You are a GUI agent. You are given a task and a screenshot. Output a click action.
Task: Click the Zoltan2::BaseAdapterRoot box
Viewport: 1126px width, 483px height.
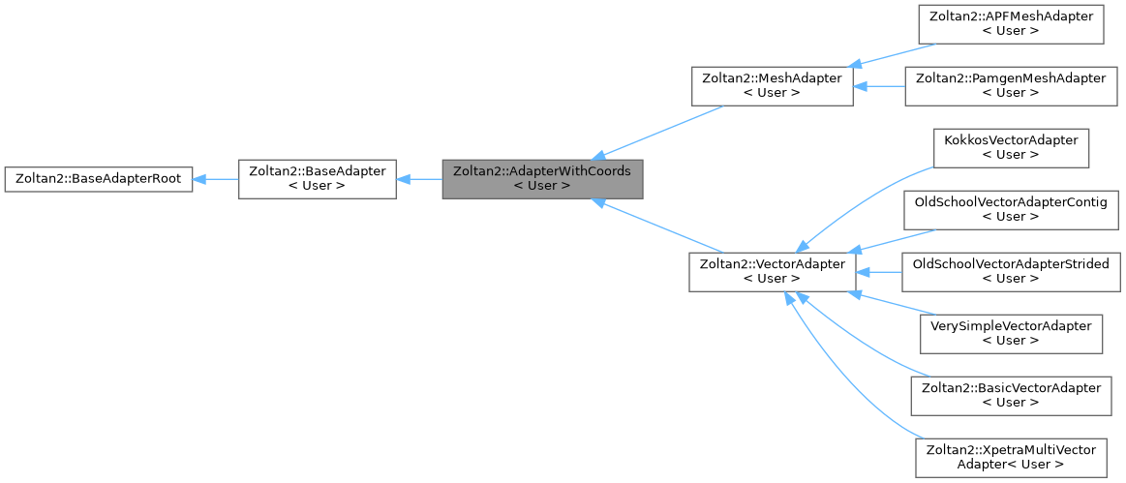98,179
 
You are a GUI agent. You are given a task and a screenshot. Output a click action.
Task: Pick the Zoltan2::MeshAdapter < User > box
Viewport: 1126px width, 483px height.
772,85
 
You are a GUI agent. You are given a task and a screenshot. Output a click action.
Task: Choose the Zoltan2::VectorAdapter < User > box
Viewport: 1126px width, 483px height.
772,271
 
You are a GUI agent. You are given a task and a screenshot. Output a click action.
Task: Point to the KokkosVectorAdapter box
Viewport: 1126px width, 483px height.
1011,147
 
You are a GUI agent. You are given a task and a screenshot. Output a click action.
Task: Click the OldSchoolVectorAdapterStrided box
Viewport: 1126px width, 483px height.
1011,271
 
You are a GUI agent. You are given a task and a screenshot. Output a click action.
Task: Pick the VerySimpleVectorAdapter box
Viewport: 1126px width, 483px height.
1011,333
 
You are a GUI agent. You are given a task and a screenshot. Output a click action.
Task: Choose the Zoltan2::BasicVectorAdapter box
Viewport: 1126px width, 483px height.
1011,395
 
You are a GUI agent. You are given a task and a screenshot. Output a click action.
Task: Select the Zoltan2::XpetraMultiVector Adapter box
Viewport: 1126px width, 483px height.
1011,457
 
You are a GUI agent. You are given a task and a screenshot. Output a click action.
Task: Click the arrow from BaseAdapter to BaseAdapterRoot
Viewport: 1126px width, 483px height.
216,179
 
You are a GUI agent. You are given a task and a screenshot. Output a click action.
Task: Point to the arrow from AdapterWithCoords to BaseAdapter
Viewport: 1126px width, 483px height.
419,179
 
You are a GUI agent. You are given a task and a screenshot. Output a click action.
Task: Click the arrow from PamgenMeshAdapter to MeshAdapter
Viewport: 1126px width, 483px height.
878,85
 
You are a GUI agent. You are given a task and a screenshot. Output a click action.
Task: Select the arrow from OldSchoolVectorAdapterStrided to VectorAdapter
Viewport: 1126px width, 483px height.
878,271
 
